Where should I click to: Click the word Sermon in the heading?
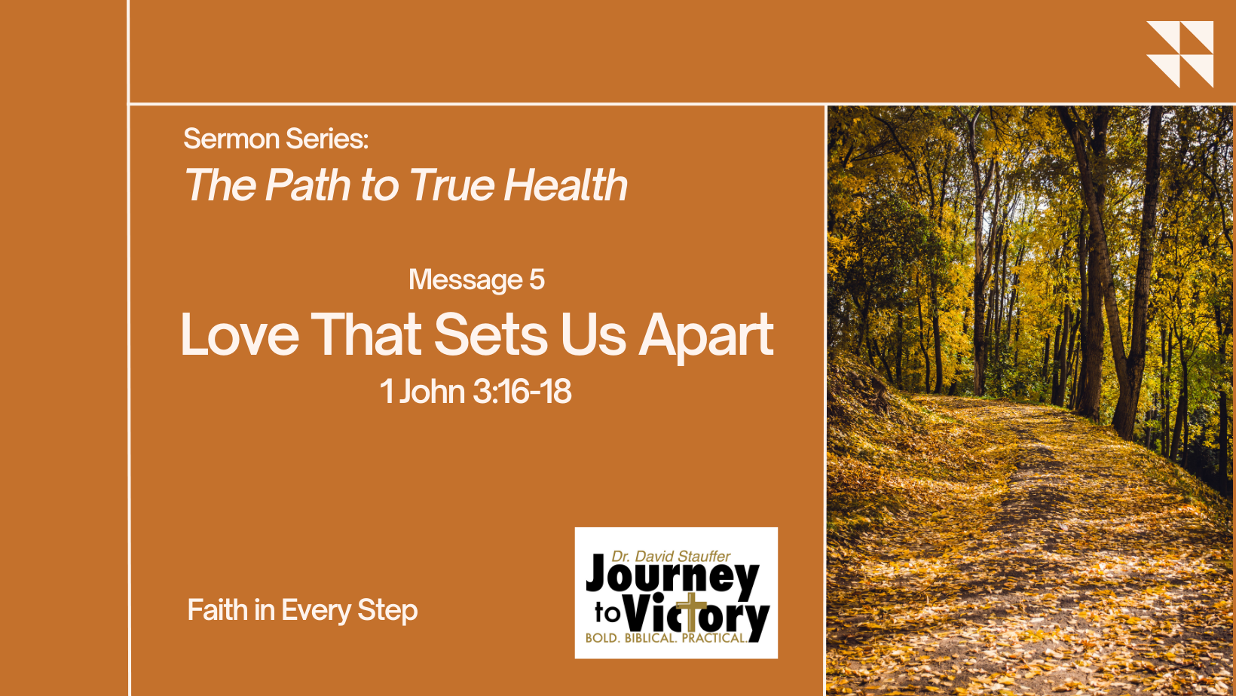coord(232,139)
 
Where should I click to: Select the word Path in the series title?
coord(307,185)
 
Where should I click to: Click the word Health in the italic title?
coord(565,185)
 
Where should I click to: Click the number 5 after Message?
coord(537,279)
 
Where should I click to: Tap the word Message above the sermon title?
coord(465,280)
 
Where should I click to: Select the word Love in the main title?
coord(240,334)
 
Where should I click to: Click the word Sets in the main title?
coord(491,334)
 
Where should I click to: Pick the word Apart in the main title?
coord(706,337)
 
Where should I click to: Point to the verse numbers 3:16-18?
coord(522,392)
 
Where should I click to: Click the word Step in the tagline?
coord(387,611)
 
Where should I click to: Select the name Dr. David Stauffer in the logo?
coord(671,556)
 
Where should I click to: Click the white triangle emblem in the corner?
coord(1179,54)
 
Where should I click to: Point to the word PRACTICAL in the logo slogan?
coord(714,639)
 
